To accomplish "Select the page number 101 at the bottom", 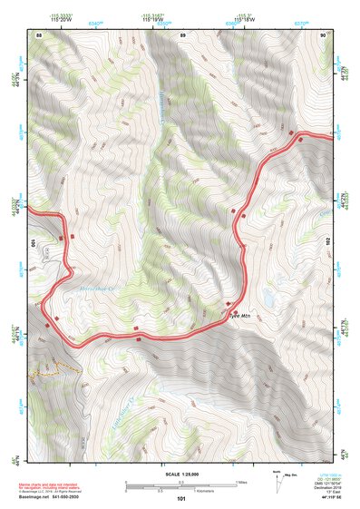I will click(x=181, y=500).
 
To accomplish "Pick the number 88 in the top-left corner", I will click(x=39, y=34).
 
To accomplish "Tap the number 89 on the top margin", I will click(x=183, y=34).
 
